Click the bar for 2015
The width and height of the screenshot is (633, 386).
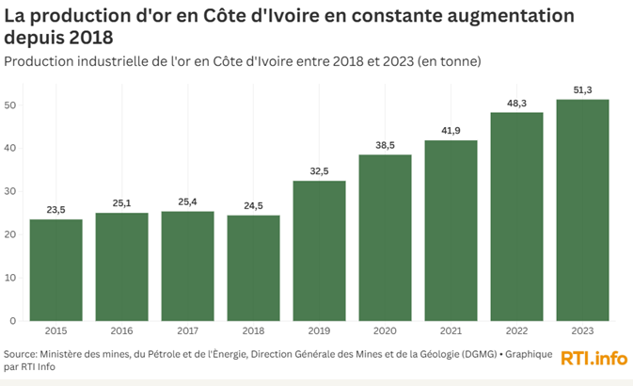55,270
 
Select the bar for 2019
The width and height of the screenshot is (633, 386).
319,250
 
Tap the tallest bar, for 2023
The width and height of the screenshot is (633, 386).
582,210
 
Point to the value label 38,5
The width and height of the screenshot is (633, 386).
385,146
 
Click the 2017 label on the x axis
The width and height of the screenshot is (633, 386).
187,331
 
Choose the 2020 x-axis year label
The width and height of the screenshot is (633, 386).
385,331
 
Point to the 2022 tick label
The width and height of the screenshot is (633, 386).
516,331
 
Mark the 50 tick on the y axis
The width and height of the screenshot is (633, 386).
11,105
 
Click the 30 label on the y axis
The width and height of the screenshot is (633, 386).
11,191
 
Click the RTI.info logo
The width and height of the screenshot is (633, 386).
593,359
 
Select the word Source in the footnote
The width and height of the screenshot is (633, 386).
21,354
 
